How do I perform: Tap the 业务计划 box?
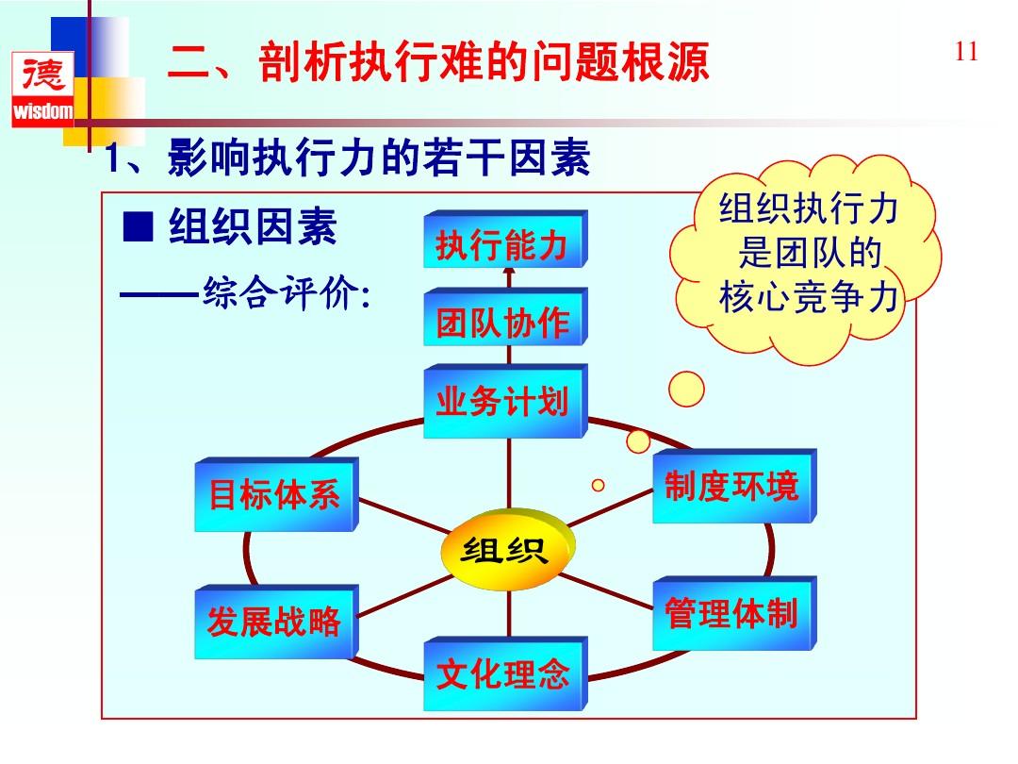click(x=503, y=402)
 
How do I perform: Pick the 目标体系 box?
click(x=274, y=495)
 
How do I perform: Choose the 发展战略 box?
click(x=274, y=622)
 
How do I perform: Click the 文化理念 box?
click(x=503, y=673)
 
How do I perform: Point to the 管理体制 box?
click(x=732, y=613)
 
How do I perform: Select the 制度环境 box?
click(x=732, y=487)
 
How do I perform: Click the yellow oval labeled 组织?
click(x=505, y=550)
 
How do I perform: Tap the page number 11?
click(x=966, y=52)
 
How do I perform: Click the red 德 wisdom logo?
click(x=41, y=91)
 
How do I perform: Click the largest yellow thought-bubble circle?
click(x=686, y=388)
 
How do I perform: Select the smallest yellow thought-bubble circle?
click(x=598, y=485)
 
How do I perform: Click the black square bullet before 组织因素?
click(x=139, y=226)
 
